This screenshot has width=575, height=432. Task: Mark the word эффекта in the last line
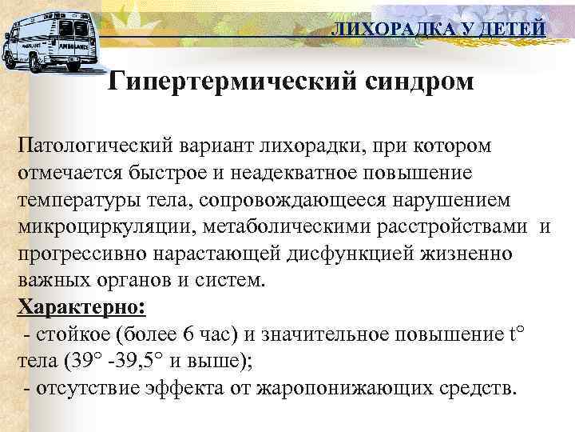(x=176, y=389)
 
